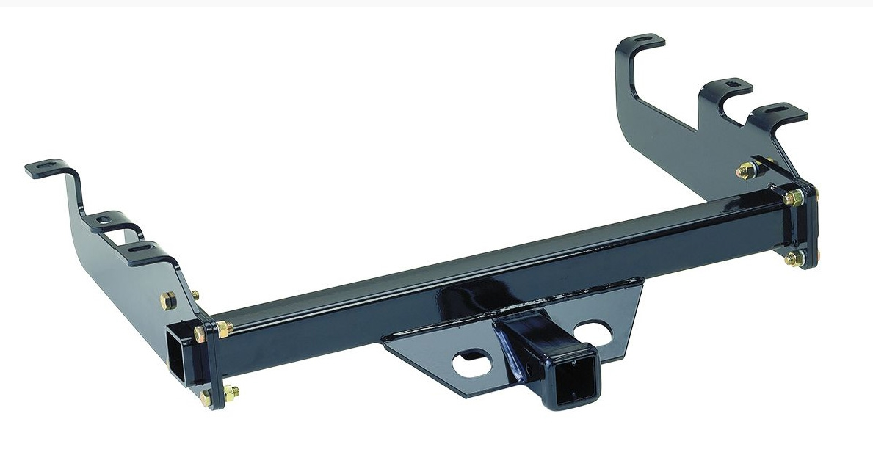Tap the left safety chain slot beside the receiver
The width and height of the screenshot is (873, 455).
473,363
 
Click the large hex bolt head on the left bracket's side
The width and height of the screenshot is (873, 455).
168,301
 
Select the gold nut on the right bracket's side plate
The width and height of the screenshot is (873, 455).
746,170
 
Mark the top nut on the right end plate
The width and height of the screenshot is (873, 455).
792,197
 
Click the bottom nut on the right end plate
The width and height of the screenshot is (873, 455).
792,258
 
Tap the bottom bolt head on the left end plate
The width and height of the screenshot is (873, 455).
207,397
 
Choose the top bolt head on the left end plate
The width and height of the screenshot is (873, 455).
199,334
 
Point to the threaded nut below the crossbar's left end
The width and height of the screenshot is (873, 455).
231,390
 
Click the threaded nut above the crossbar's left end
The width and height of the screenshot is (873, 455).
223,328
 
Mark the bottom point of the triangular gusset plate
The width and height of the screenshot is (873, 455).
443,397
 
